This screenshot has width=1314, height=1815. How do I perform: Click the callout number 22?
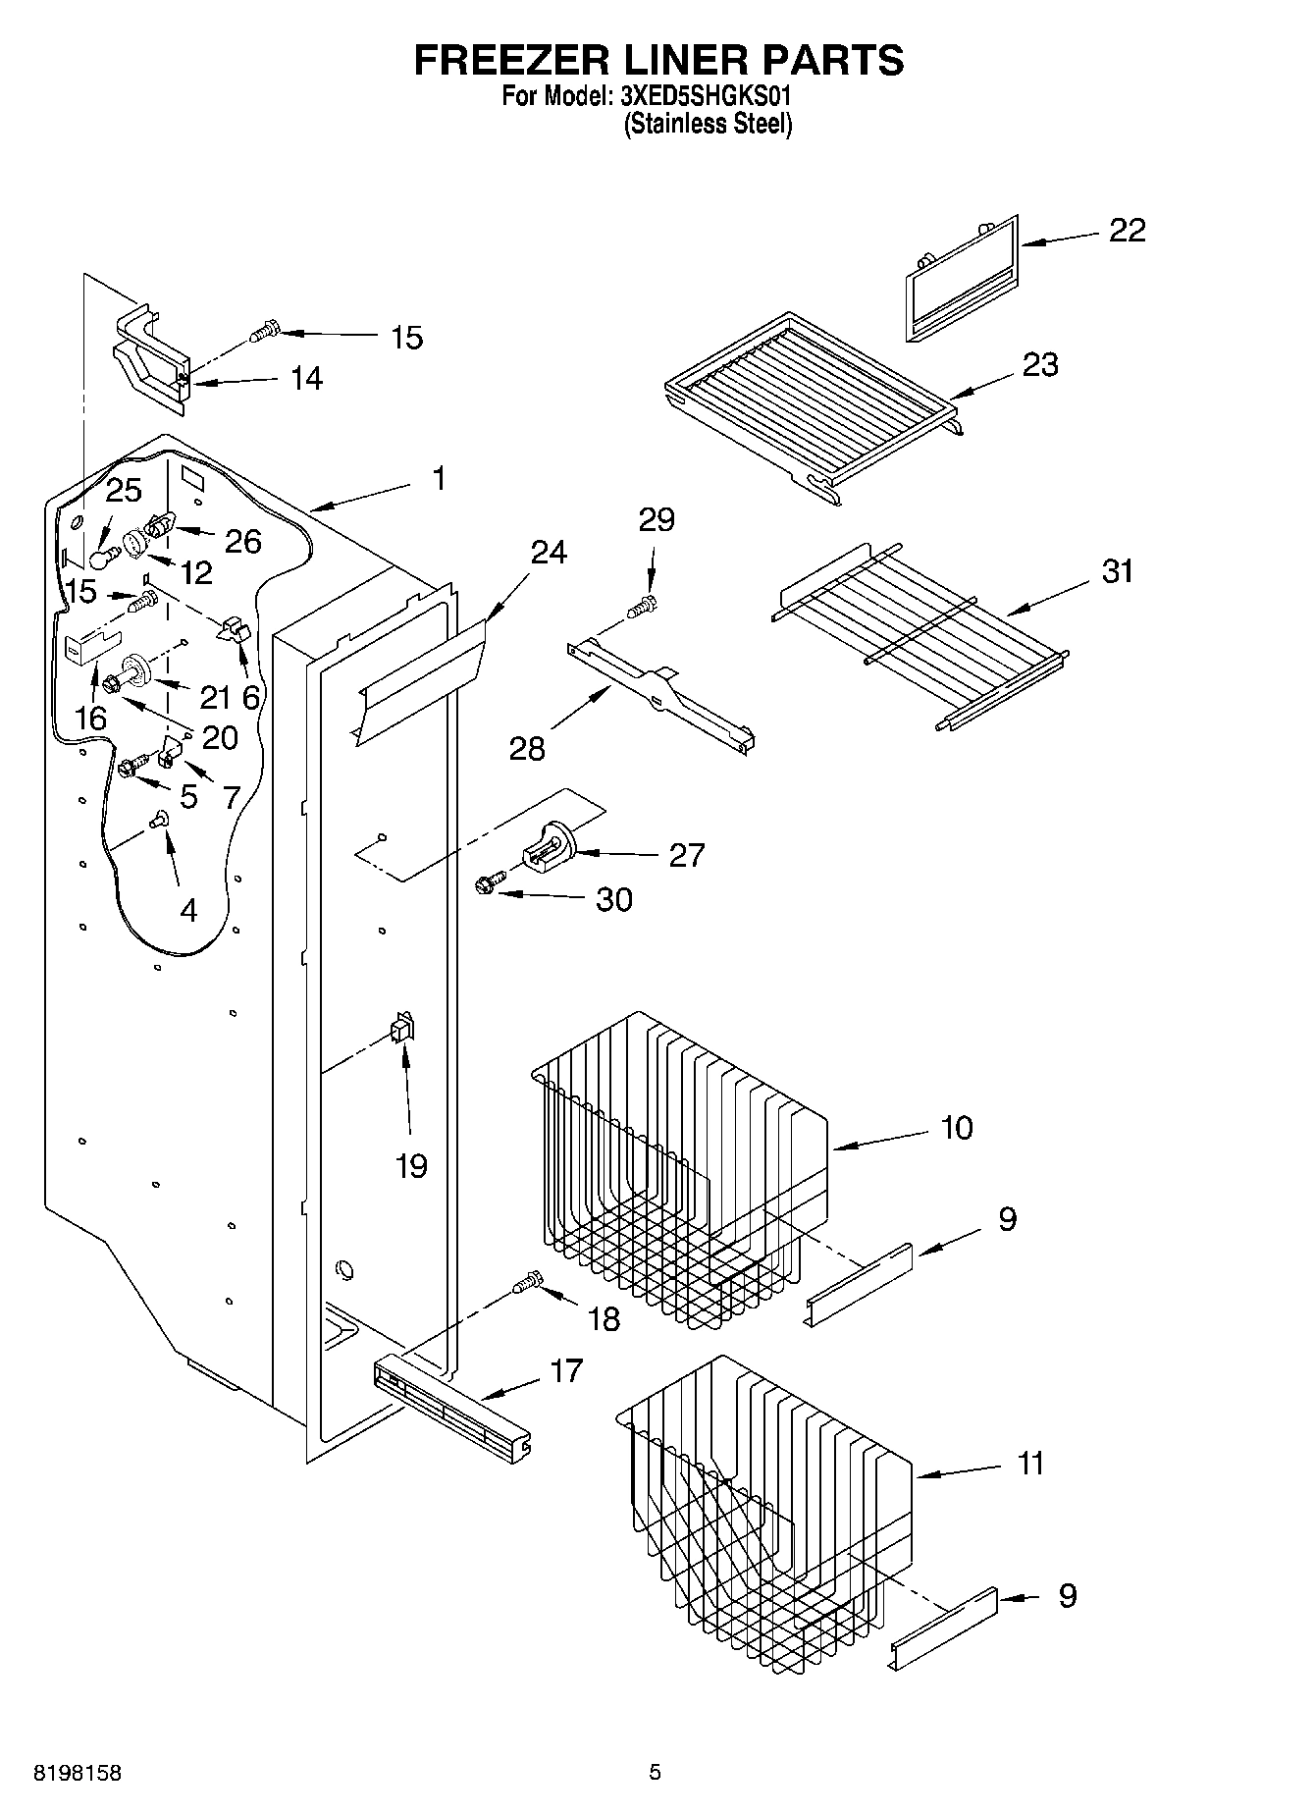[1127, 230]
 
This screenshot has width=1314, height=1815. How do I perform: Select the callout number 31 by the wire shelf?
[1117, 570]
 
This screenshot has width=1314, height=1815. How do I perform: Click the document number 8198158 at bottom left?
[78, 1773]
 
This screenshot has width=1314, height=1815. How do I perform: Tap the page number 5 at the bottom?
[655, 1773]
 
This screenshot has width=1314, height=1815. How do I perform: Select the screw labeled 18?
[527, 1282]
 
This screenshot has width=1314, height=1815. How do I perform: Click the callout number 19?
[411, 1166]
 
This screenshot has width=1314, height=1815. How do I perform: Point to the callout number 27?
[686, 855]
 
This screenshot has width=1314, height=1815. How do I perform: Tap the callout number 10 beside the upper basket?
[957, 1127]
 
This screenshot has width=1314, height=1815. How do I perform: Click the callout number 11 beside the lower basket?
[1030, 1463]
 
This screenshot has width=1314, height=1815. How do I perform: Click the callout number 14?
[306, 378]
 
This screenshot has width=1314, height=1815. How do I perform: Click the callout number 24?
[549, 552]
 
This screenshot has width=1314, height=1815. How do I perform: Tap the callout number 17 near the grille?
[566, 1369]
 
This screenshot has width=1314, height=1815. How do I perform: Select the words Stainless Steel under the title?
[708, 124]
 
